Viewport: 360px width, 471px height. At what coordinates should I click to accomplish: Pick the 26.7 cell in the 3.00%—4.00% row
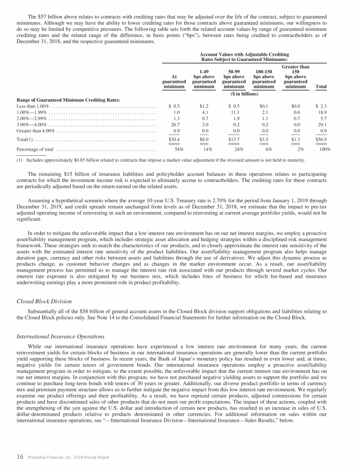(176, 125)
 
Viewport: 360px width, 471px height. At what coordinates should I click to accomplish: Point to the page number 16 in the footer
(20, 457)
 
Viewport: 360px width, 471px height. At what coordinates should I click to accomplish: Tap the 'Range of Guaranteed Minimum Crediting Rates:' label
(68, 99)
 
